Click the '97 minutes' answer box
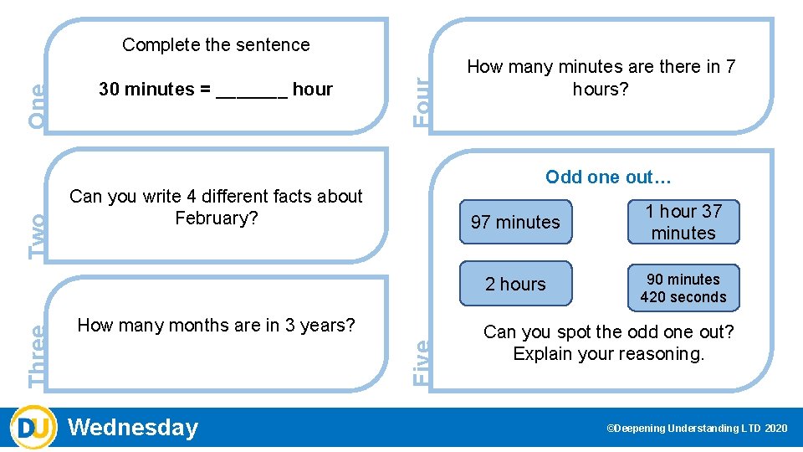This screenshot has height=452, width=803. (x=515, y=222)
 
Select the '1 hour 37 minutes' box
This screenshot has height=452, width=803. (x=683, y=222)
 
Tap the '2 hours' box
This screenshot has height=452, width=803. (x=515, y=284)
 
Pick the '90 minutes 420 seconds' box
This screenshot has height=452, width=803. (x=683, y=287)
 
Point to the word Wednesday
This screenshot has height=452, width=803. (x=133, y=428)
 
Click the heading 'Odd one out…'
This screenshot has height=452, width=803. (x=608, y=177)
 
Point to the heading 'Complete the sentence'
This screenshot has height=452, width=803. (x=216, y=45)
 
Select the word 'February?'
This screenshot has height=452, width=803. (x=216, y=218)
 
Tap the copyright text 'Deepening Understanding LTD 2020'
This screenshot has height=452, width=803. (x=697, y=429)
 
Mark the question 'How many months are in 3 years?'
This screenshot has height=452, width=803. (x=216, y=326)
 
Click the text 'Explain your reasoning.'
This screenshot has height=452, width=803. (x=609, y=354)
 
